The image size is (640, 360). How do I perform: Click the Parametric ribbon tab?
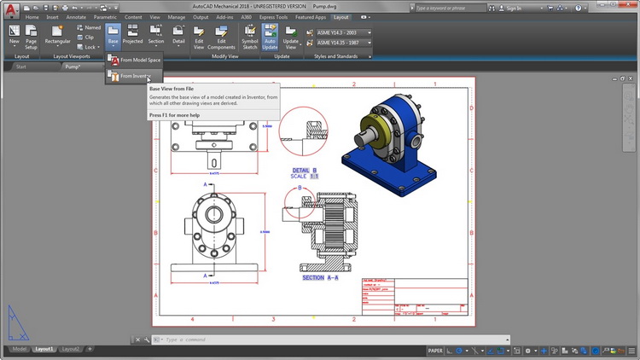pos(105,16)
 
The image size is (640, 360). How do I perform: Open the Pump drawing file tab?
pos(74,67)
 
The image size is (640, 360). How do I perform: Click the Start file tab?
pos(21,67)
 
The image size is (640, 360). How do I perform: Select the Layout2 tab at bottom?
pos(72,349)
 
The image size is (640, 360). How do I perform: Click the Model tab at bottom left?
pos(19,349)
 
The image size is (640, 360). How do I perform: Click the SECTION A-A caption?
pos(320,278)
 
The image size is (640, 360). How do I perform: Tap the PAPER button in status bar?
pos(435,350)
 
